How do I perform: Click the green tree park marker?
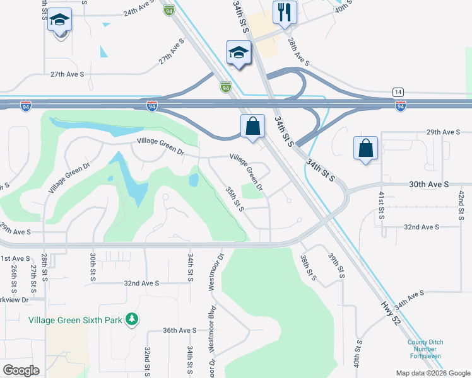pos(131,319)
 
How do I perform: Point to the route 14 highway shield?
pos(398,92)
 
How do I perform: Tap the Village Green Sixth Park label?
pos(75,320)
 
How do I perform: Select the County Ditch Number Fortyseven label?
pos(425,350)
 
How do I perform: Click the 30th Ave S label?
pos(428,184)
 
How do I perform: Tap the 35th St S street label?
pos(235,198)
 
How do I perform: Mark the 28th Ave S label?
pos(298,52)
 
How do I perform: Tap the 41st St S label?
pos(381,205)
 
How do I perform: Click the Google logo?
pos(21,370)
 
